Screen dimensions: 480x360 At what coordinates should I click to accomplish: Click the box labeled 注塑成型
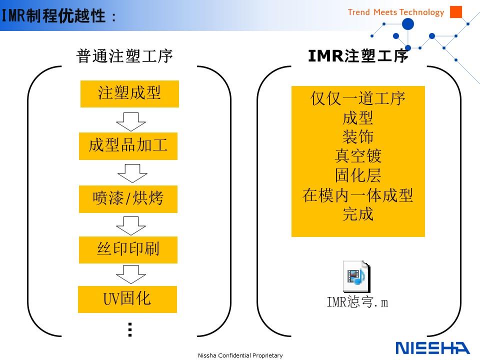[x=129, y=93]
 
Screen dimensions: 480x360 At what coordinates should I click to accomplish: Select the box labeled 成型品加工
[x=128, y=146]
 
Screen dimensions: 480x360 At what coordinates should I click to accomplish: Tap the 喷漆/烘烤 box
[x=128, y=199]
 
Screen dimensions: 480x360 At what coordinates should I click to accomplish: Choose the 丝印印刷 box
[x=128, y=250]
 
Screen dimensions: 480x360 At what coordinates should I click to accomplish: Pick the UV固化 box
[x=127, y=299]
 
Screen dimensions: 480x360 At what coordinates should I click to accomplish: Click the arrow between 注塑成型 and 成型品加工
[x=130, y=121]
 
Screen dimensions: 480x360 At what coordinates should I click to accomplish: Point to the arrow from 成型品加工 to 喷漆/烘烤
[x=132, y=173]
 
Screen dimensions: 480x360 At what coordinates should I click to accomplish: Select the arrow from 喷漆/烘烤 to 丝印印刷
[x=130, y=225]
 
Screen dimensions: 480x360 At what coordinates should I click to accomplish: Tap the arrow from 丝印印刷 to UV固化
[x=130, y=274]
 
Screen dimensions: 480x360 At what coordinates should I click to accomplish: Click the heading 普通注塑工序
[x=124, y=56]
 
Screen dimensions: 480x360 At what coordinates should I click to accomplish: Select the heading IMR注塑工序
[x=358, y=55]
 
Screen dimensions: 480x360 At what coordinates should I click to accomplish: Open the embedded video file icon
[x=356, y=276]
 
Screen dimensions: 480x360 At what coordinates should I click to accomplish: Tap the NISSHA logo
[x=432, y=348]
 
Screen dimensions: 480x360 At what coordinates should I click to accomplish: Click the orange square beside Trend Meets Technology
[x=456, y=12]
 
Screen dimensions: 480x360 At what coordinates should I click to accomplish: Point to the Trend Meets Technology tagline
[x=396, y=12]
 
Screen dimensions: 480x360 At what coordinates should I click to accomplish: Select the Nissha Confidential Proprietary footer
[x=240, y=355]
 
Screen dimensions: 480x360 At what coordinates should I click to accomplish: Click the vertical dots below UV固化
[x=130, y=329]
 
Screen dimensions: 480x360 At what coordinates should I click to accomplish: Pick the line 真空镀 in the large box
[x=358, y=156]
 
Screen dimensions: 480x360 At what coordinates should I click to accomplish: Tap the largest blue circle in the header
[x=408, y=24]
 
